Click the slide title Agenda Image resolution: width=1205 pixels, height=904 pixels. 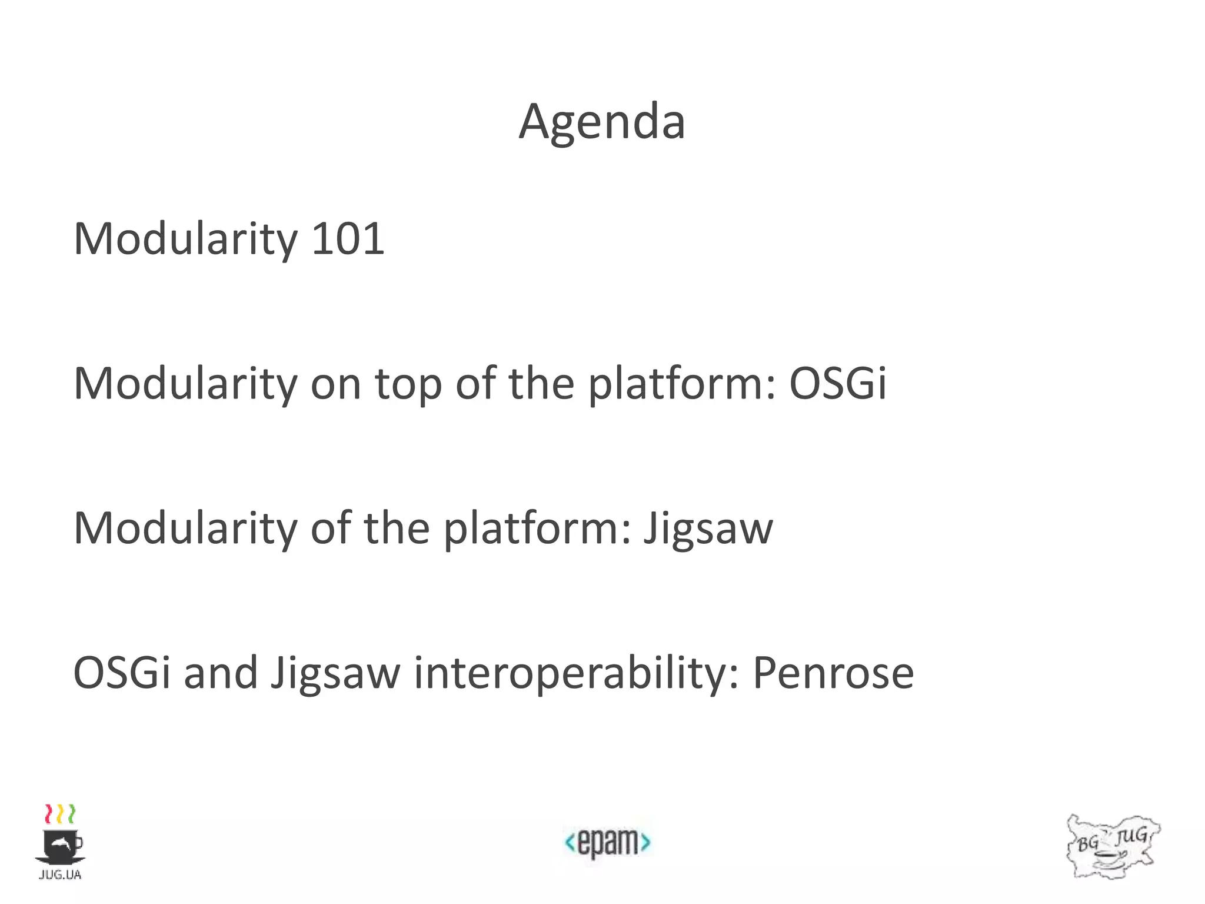[602, 122]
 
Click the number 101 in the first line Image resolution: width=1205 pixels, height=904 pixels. [347, 238]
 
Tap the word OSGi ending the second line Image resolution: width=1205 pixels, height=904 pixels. [837, 383]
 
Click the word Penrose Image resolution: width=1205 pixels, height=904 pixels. [833, 673]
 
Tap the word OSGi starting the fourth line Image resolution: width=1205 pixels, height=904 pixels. [122, 673]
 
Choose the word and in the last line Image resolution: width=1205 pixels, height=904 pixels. [221, 673]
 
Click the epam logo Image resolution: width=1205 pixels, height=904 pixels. [607, 842]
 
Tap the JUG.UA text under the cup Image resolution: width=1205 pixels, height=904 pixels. [60, 875]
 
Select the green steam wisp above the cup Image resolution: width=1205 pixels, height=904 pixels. [71, 814]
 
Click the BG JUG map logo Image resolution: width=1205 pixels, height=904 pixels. [1112, 846]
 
